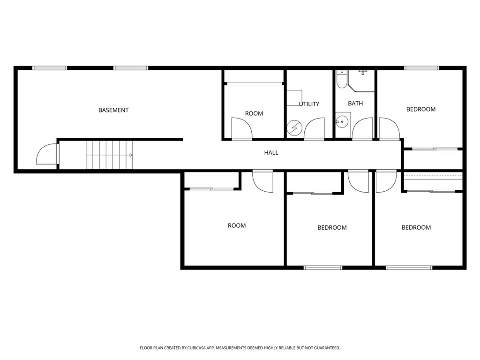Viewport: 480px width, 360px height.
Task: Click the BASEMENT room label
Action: click(x=113, y=110)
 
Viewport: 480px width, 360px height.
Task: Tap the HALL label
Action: click(x=271, y=152)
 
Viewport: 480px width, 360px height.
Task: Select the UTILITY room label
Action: click(x=309, y=104)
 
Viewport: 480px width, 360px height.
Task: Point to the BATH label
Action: click(x=355, y=104)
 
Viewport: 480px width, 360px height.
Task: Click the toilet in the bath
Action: click(x=341, y=79)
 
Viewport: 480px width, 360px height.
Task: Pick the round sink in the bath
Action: click(x=342, y=121)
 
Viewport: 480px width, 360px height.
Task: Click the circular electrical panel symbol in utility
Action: click(x=294, y=127)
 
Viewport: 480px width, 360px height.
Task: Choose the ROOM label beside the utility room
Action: click(x=254, y=113)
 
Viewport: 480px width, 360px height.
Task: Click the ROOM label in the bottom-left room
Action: click(x=237, y=225)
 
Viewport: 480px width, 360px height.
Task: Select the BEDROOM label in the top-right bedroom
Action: click(x=421, y=109)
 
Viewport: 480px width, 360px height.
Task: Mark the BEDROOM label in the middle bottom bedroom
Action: click(x=332, y=228)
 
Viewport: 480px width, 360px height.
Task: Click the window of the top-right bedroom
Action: click(x=422, y=68)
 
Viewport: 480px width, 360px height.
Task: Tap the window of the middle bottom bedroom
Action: click(x=323, y=268)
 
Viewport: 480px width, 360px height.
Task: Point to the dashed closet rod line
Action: click(x=433, y=176)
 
